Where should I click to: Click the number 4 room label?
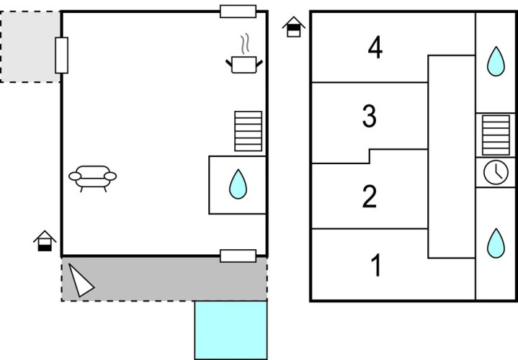(375, 49)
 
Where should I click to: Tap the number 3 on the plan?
(370, 116)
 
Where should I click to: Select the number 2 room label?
(370, 197)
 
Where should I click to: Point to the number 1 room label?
(375, 266)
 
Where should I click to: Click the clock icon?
(496, 172)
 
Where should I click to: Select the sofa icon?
(92, 177)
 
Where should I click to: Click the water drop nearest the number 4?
(496, 61)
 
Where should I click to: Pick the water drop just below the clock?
(496, 243)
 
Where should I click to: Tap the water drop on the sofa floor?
(238, 184)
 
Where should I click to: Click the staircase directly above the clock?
(496, 135)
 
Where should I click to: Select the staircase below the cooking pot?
(249, 131)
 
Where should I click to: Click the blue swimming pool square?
(231, 330)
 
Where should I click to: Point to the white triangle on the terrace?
(80, 280)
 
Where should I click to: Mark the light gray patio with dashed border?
(30, 46)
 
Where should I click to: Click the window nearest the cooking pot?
(238, 11)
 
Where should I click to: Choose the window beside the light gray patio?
(62, 55)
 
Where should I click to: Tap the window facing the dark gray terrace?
(238, 256)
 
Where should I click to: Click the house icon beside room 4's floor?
(294, 27)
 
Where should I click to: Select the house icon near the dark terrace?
(45, 241)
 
